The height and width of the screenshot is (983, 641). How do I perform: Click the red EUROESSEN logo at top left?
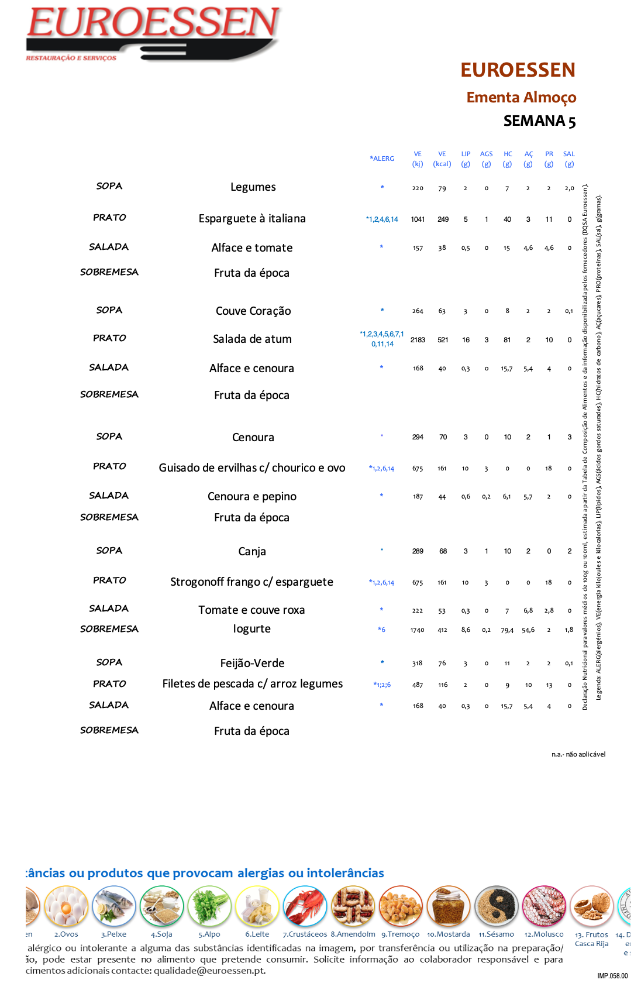[153, 32]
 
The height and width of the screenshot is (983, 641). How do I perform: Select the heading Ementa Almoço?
[521, 97]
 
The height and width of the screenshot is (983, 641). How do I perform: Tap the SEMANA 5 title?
[539, 121]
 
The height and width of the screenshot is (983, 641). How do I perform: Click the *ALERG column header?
[382, 159]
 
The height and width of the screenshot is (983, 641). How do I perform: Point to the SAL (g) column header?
[569, 159]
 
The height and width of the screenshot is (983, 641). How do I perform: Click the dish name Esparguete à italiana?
[252, 218]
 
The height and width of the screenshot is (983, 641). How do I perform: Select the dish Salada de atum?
[252, 339]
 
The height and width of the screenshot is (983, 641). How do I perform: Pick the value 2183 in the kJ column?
[418, 340]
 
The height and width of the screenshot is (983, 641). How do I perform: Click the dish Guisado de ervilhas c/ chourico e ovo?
[252, 468]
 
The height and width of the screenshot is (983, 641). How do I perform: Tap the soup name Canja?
[252, 551]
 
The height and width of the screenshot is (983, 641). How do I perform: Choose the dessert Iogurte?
[252, 629]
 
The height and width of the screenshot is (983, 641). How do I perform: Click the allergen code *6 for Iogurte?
[381, 630]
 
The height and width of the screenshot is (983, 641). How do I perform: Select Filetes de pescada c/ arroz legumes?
[253, 684]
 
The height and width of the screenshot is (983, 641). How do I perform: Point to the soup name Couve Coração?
[253, 311]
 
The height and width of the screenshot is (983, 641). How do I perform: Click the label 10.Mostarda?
[449, 934]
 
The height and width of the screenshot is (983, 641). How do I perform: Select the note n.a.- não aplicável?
[578, 754]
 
